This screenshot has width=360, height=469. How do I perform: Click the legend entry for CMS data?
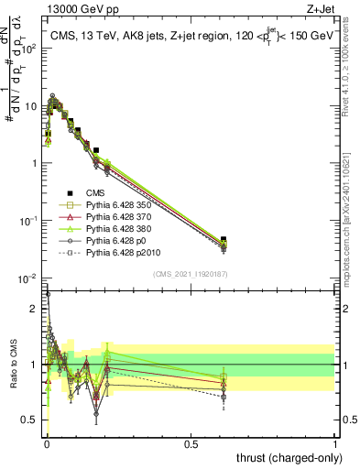94,192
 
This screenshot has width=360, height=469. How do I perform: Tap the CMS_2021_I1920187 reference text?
191,273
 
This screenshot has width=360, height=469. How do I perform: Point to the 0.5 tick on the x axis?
191,443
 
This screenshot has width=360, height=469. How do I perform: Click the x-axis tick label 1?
336,443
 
